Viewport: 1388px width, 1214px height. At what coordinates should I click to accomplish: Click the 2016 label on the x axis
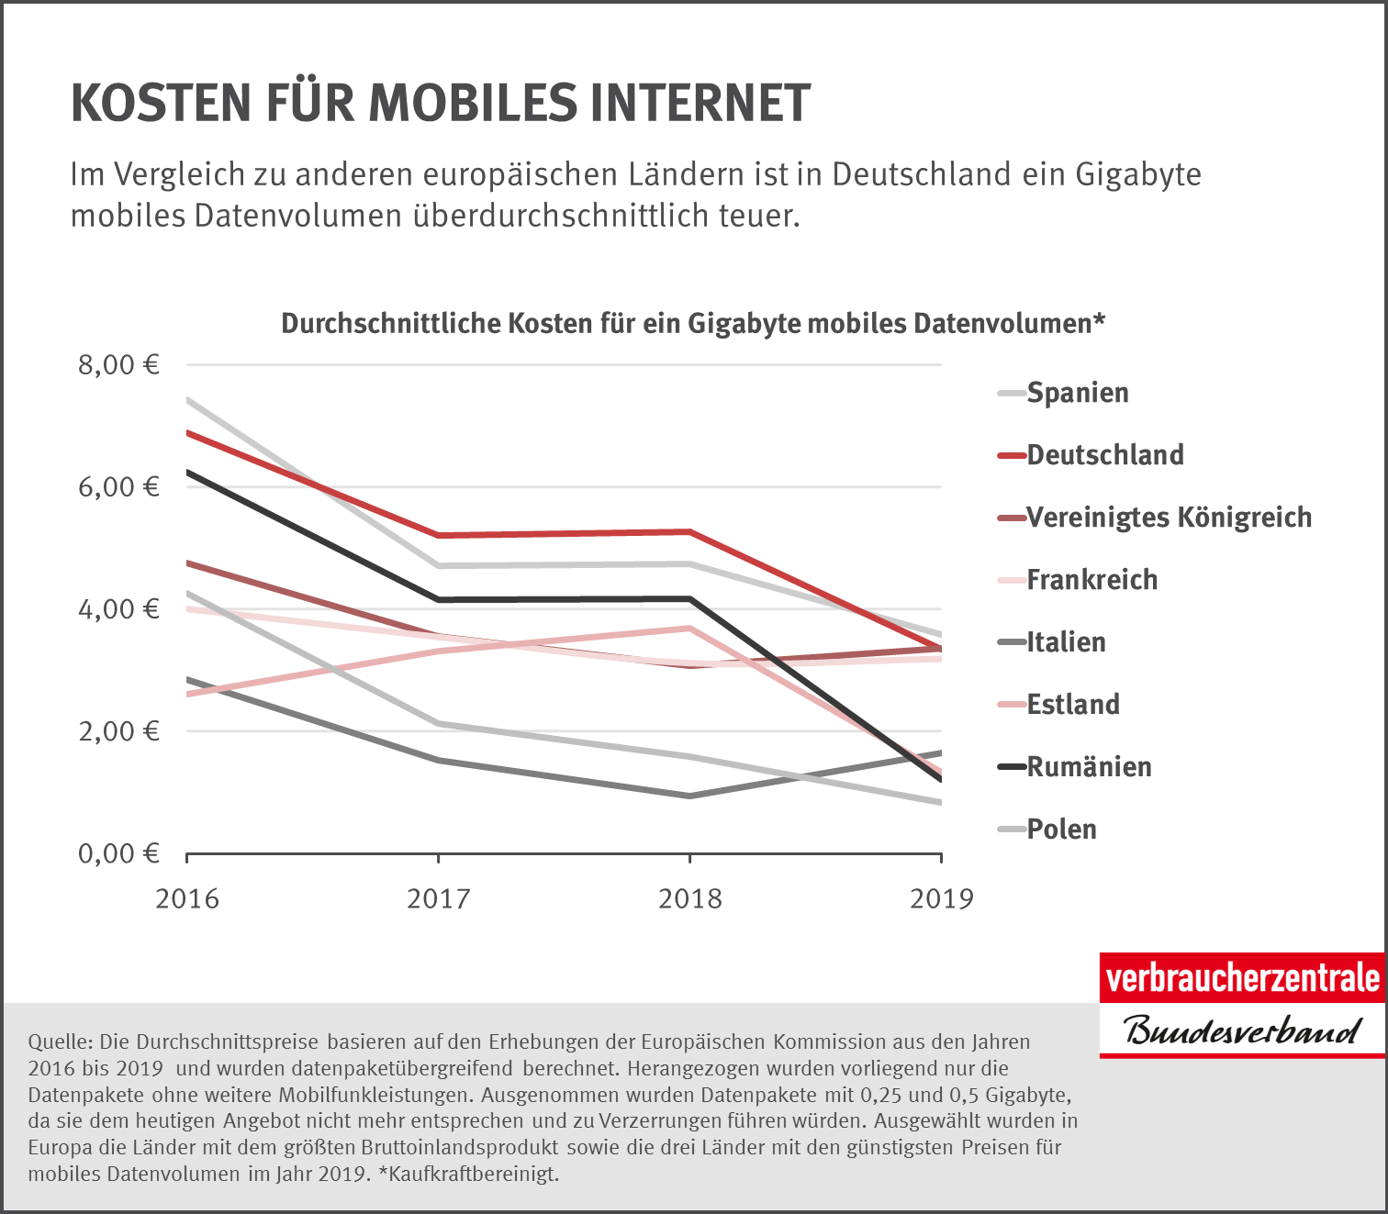[x=187, y=898]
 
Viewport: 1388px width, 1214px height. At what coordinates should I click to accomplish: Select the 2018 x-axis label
[x=690, y=898]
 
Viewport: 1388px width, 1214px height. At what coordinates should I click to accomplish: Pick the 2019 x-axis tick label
[x=942, y=898]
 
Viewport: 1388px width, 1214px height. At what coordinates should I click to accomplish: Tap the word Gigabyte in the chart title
[x=739, y=324]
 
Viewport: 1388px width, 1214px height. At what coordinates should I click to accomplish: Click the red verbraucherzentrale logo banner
[x=1242, y=978]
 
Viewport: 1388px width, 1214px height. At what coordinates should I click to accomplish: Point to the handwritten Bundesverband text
[x=1242, y=1030]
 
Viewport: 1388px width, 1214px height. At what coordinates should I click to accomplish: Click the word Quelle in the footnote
[x=60, y=1042]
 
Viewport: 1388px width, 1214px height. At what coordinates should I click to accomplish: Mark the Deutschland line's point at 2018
[x=689, y=532]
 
